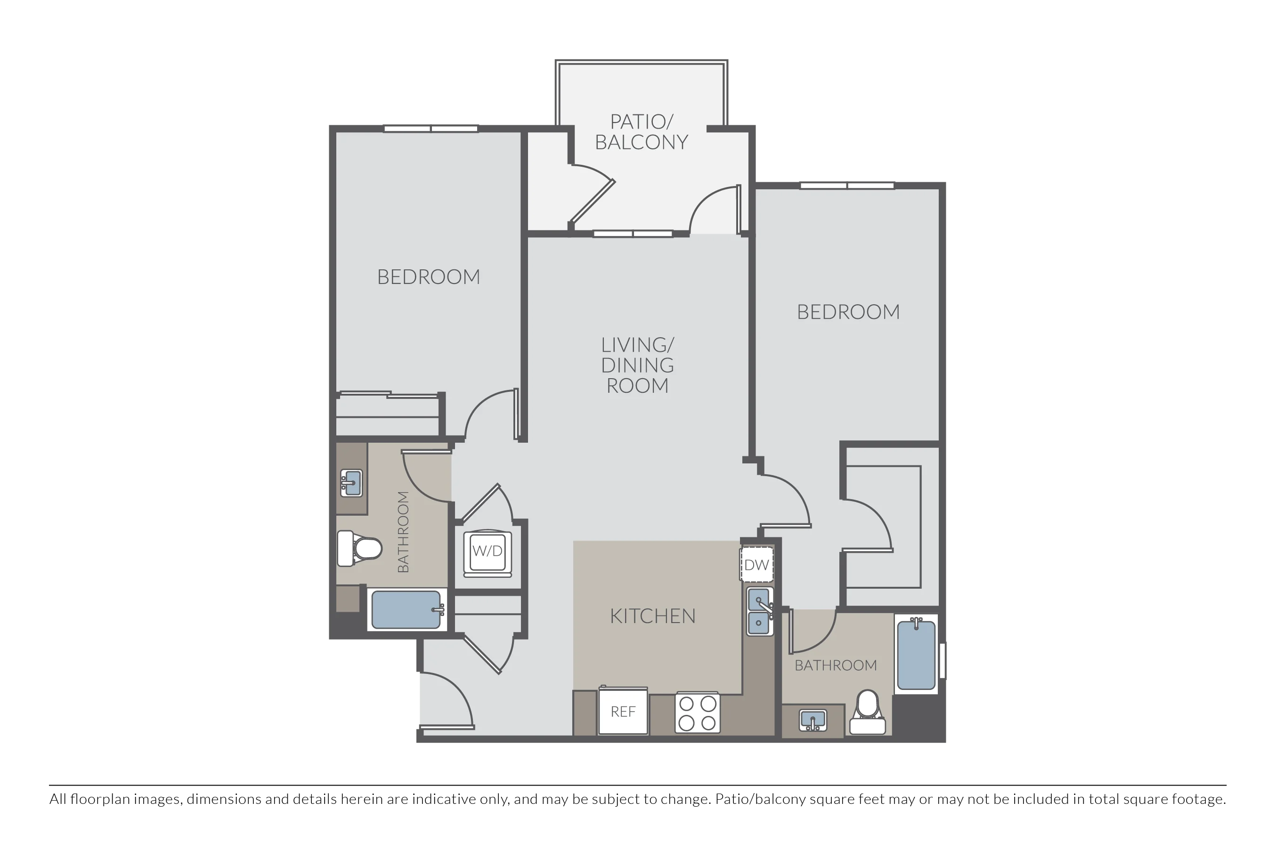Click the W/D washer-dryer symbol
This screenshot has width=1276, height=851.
(488, 553)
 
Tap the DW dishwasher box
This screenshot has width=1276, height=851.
(757, 565)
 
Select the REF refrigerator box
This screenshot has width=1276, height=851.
(623, 711)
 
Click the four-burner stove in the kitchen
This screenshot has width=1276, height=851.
(698, 713)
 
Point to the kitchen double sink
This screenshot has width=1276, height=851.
(759, 611)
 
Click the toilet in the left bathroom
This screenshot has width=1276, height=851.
(359, 548)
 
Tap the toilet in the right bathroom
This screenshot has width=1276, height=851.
(867, 712)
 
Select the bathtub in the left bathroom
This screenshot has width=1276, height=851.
(406, 610)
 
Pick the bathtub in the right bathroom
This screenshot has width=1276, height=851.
(916, 655)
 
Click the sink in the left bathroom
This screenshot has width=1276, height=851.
(351, 483)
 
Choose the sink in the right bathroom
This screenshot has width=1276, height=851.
(813, 720)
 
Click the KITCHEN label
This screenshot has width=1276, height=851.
(652, 616)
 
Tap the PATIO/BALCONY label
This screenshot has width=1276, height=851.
(642, 132)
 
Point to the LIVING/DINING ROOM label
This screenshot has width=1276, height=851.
(638, 365)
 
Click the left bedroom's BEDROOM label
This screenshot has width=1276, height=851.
(429, 277)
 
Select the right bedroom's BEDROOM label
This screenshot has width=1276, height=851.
(848, 312)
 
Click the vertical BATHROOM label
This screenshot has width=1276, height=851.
(403, 532)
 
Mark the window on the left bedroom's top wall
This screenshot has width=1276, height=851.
(431, 129)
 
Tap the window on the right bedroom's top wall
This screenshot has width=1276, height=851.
(847, 186)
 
